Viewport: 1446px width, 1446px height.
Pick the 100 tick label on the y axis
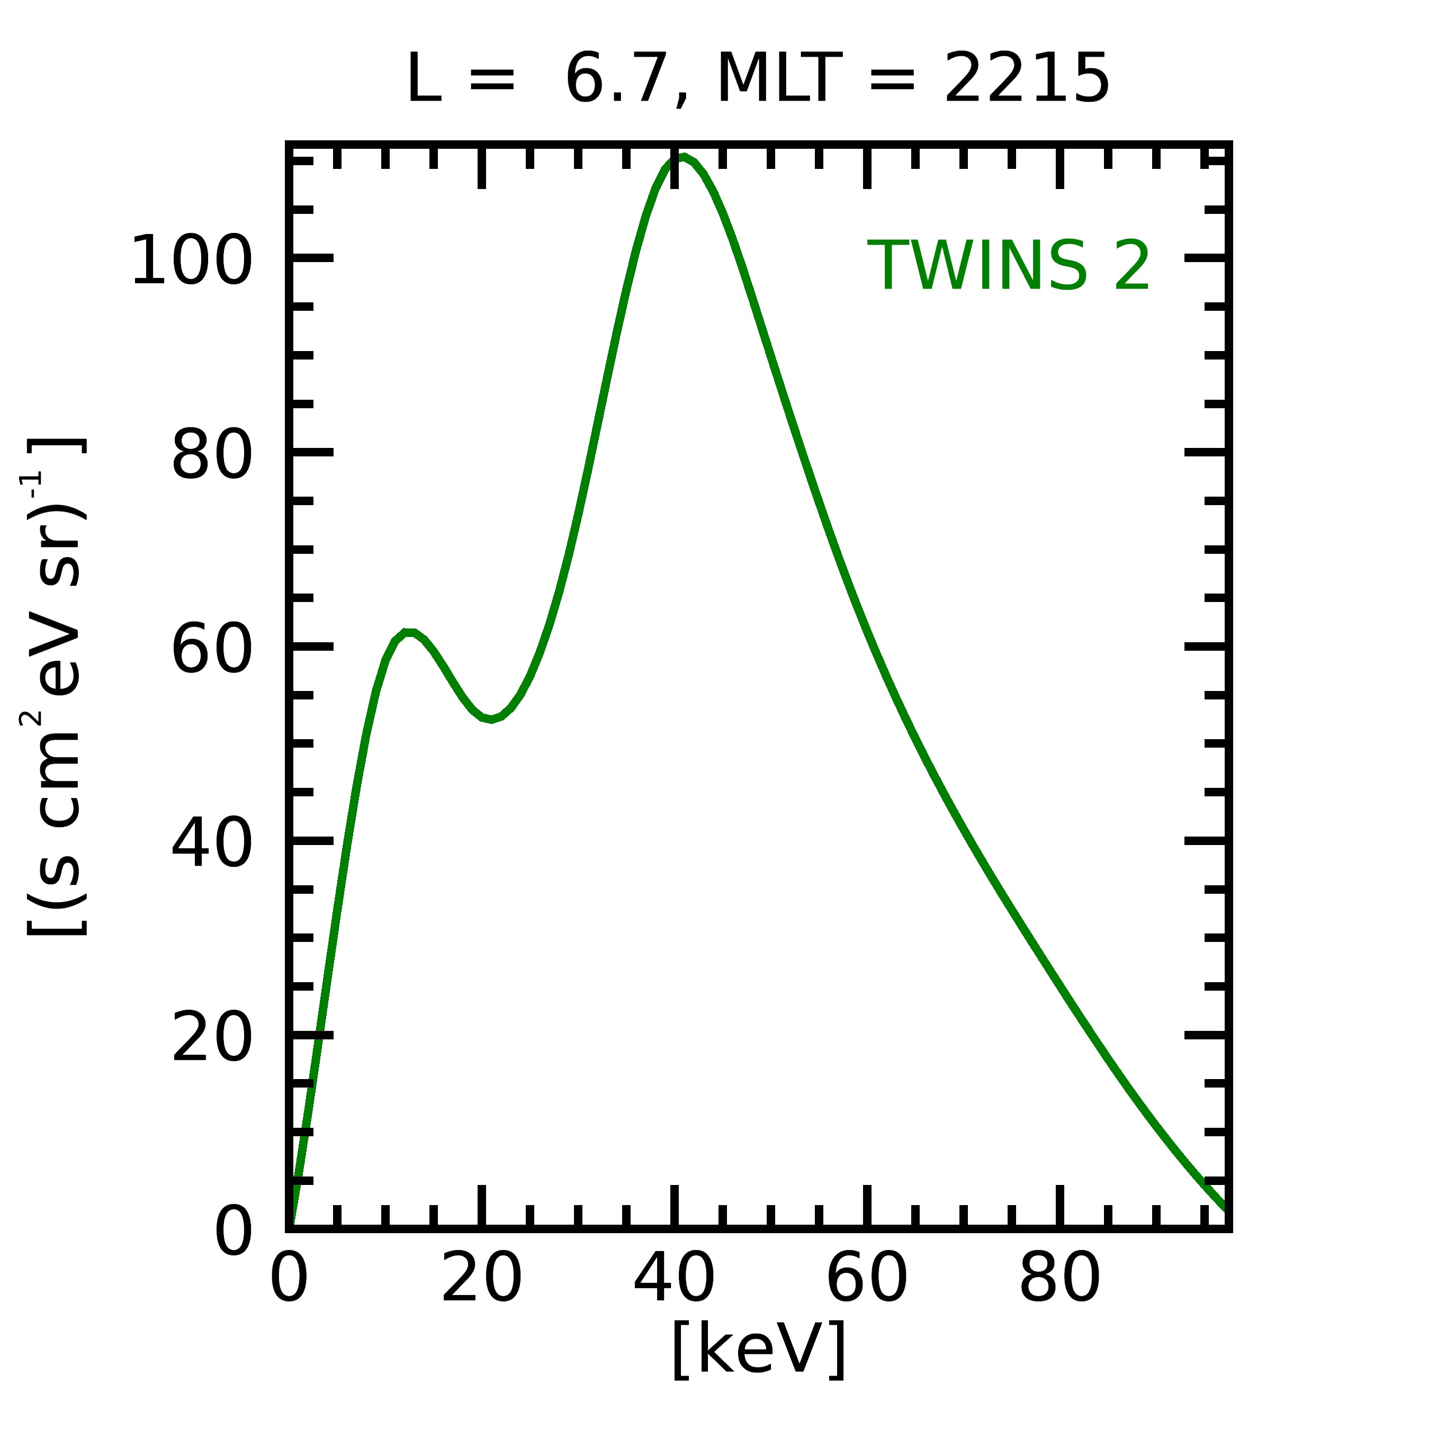coord(192,261)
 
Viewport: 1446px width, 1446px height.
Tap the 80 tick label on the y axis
coord(212,454)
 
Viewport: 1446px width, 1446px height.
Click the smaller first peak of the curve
coord(409,633)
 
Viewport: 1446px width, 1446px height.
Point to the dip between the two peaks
coord(490,719)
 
